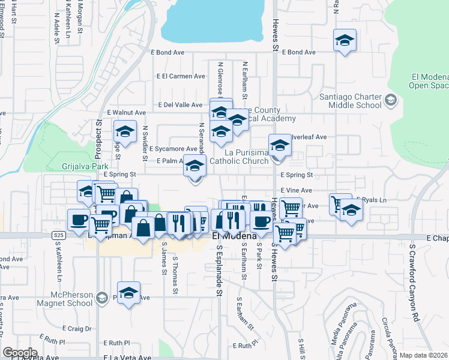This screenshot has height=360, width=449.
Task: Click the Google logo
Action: [x=20, y=353]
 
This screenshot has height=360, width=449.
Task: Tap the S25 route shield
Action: [x=58, y=235]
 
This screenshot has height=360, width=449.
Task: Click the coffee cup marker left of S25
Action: [x=78, y=220]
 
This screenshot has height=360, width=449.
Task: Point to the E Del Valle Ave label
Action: [x=180, y=104]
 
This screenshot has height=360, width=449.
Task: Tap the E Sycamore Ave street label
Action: [x=173, y=149]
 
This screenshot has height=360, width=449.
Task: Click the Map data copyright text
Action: [x=424, y=355]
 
